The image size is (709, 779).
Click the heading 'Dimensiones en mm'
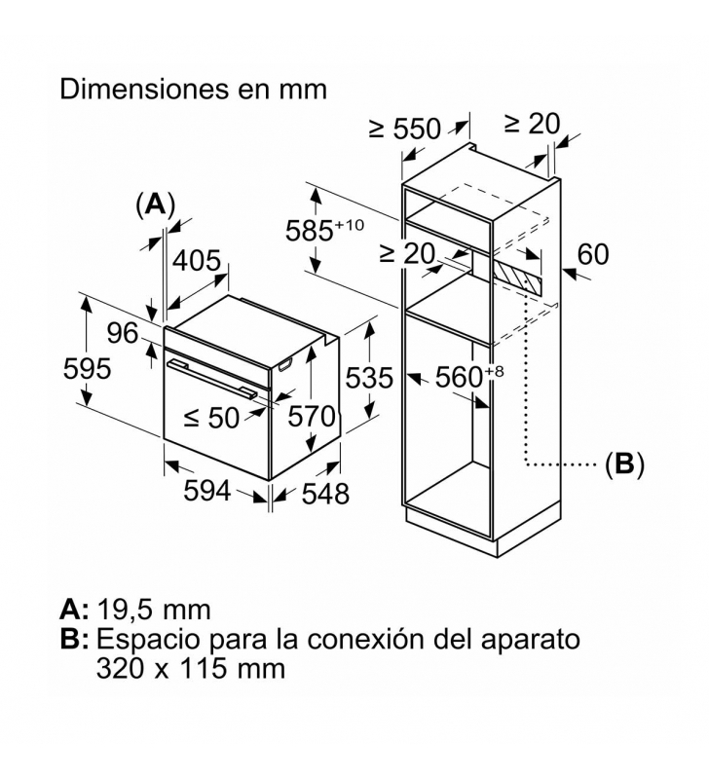click(x=193, y=89)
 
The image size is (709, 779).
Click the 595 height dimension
click(x=87, y=369)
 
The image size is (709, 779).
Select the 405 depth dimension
click(x=198, y=261)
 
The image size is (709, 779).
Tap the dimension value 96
click(x=123, y=333)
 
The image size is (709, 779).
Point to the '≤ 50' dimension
click(x=210, y=418)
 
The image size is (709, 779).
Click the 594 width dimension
click(x=207, y=492)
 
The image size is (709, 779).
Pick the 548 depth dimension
click(x=324, y=494)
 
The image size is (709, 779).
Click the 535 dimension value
click(x=369, y=377)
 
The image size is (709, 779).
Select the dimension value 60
click(x=592, y=254)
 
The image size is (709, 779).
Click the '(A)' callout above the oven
click(x=155, y=204)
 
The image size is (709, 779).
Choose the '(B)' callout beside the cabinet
click(x=624, y=464)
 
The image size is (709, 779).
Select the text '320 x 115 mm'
click(x=191, y=669)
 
